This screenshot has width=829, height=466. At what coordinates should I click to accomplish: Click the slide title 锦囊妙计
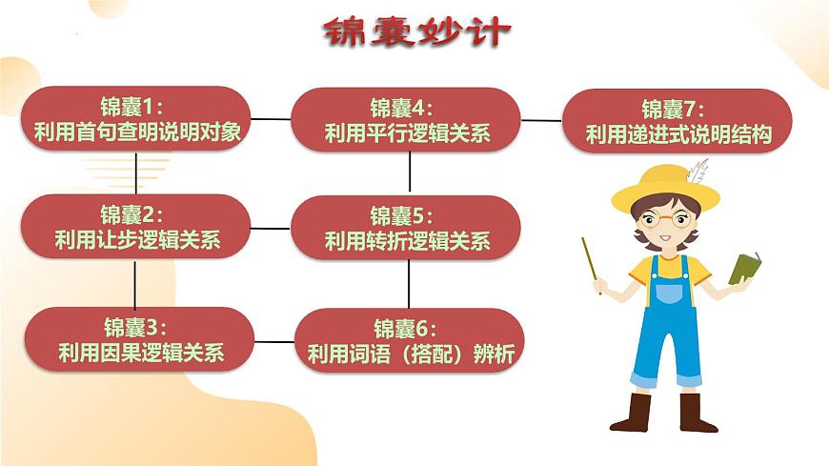(416, 32)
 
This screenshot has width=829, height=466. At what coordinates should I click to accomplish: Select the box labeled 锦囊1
(135, 119)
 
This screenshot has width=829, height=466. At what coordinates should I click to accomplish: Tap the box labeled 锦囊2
(135, 227)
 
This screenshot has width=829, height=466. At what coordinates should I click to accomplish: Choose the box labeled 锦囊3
(138, 340)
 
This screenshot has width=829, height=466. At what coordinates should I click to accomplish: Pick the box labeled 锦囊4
(406, 119)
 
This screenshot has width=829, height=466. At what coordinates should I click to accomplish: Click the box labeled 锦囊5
(406, 228)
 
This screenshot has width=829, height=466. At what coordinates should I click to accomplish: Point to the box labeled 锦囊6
(410, 340)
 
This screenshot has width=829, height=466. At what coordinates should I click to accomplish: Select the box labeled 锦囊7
(677, 120)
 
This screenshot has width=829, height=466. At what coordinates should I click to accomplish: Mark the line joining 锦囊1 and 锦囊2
(137, 172)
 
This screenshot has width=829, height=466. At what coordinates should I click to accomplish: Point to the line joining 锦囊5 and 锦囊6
(409, 283)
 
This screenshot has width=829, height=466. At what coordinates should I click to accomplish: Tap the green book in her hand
(744, 268)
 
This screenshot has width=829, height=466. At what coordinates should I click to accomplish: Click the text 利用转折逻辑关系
(407, 241)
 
